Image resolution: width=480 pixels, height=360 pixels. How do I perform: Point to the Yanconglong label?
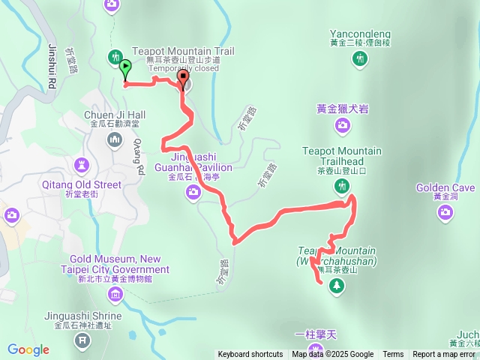pyautogui.click(x=360, y=33)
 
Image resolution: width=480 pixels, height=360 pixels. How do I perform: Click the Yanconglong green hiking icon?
pyautogui.click(x=360, y=58)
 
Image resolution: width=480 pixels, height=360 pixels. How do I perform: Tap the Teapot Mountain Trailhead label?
pyautogui.click(x=341, y=156)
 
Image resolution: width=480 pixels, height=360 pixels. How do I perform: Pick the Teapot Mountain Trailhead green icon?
pyautogui.click(x=341, y=182)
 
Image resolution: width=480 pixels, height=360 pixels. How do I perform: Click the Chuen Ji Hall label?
pyautogui.click(x=114, y=115)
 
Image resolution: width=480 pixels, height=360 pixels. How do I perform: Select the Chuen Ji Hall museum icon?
pyautogui.click(x=115, y=139)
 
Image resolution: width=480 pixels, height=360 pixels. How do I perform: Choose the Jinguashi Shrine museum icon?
pyautogui.click(x=82, y=341)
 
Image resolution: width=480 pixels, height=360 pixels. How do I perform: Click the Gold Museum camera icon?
pyautogui.click(x=115, y=293)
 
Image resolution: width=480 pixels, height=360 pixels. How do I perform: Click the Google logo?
pyautogui.click(x=28, y=349)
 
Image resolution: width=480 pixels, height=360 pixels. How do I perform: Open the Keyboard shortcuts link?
pyautogui.click(x=250, y=355)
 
